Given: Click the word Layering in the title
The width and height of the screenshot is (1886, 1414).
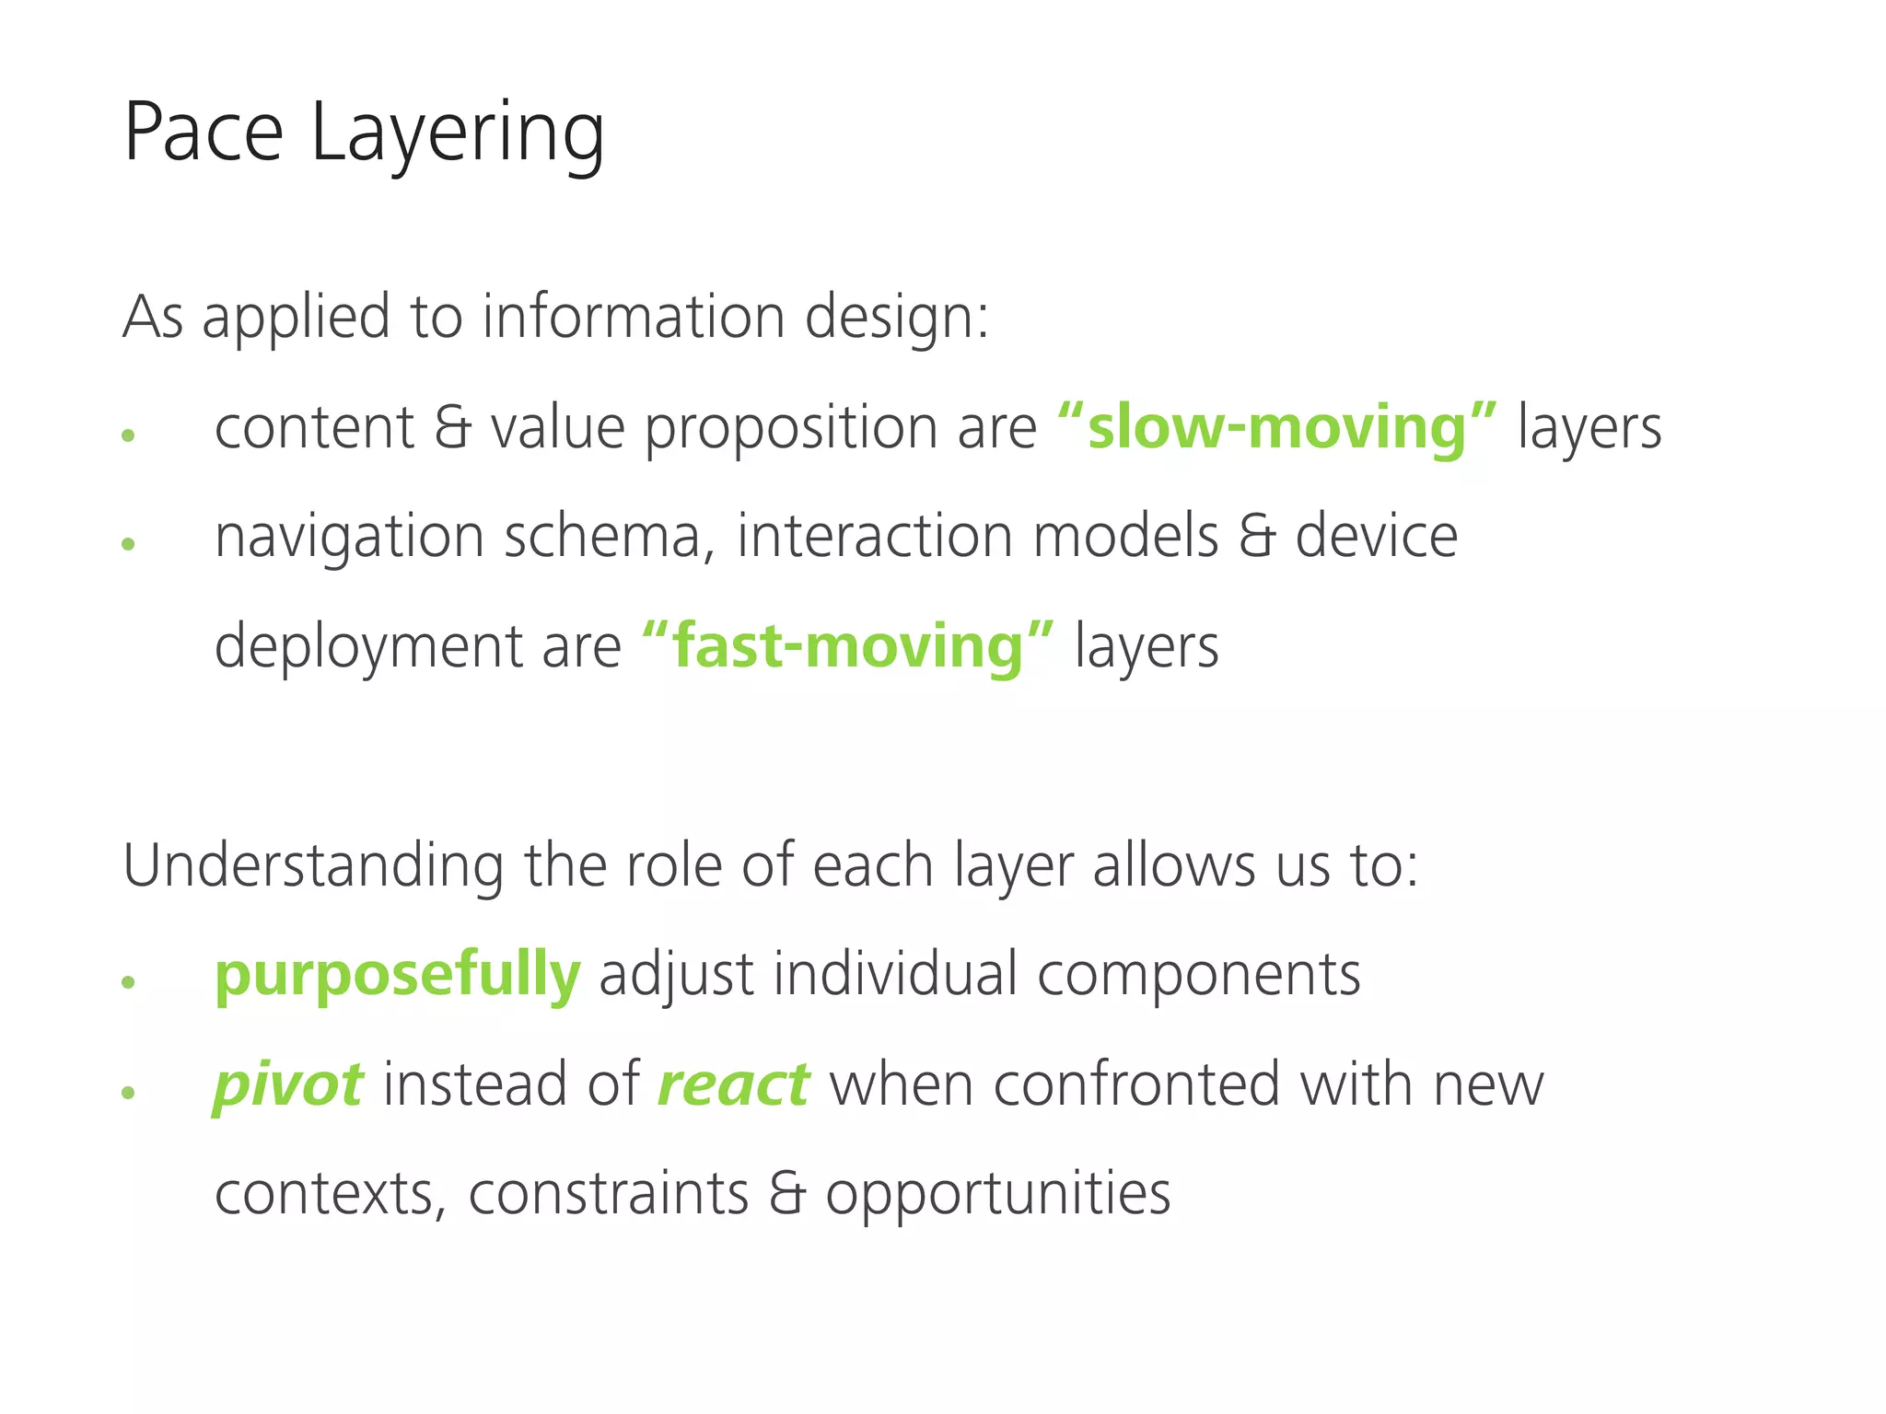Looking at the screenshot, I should click(x=458, y=136).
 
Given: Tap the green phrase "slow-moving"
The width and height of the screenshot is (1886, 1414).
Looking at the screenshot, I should click(x=1276, y=428).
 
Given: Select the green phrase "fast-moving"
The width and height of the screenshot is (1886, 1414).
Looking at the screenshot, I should click(x=847, y=646).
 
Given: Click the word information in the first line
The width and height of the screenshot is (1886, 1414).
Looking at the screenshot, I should click(x=634, y=318).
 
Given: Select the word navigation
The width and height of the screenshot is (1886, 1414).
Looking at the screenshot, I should click(x=349, y=539).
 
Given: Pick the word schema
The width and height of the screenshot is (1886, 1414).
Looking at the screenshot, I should click(x=610, y=537).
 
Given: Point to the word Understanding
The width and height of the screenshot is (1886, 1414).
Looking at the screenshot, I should click(x=313, y=867).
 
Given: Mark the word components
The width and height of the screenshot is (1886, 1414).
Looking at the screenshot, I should click(x=1198, y=976).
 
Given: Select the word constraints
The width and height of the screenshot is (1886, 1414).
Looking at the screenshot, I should click(x=609, y=1194).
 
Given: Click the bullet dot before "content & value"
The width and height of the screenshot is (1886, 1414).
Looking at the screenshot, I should click(x=128, y=435).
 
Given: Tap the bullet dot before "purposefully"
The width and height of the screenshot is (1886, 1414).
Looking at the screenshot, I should click(x=128, y=982).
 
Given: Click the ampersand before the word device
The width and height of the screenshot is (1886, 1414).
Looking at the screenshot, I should click(x=1257, y=538).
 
